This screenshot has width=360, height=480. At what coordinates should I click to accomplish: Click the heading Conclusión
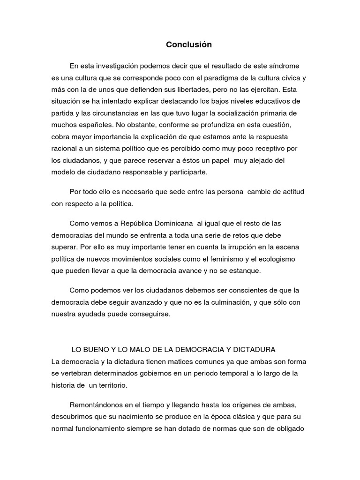click(189, 45)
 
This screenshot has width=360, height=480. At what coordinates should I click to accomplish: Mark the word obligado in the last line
click(291, 428)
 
